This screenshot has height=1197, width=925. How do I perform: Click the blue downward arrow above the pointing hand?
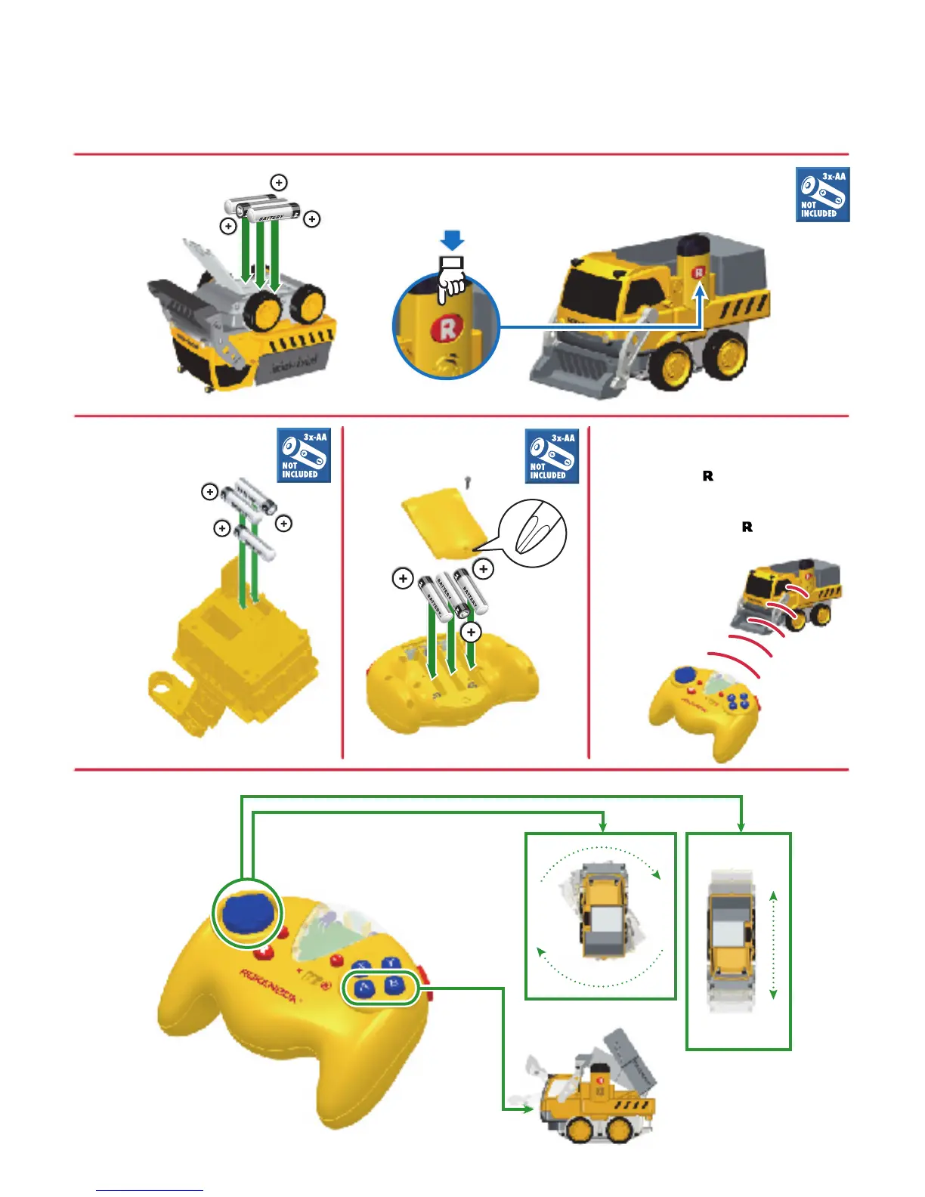click(452, 240)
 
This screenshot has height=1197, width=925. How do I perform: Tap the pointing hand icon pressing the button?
click(452, 278)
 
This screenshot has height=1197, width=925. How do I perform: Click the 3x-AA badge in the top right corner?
click(822, 195)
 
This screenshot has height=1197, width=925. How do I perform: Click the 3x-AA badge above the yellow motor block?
click(304, 456)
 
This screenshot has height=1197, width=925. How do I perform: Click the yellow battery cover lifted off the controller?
click(441, 521)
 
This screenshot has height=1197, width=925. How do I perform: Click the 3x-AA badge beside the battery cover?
click(552, 456)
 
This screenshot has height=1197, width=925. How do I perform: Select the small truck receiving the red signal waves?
click(790, 593)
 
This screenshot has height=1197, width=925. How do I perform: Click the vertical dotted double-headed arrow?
click(773, 945)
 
